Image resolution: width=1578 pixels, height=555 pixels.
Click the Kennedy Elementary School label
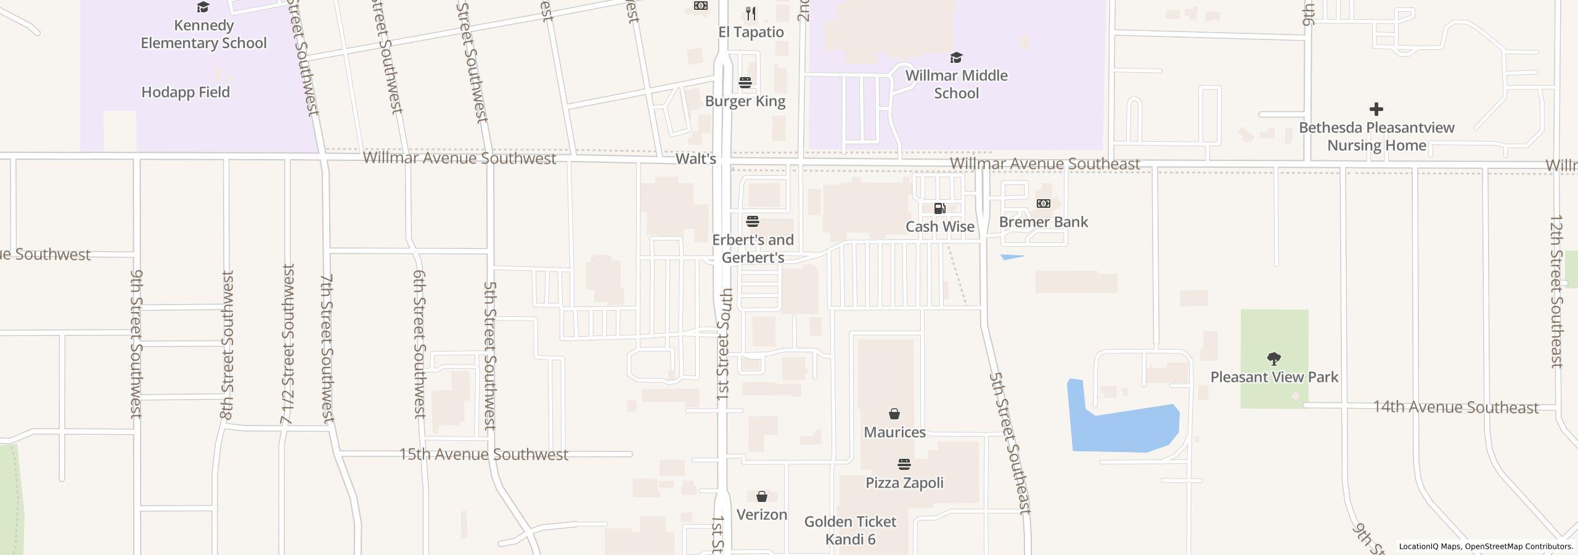(203, 34)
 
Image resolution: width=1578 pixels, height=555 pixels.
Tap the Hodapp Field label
(186, 92)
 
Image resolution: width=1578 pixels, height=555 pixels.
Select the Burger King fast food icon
(745, 83)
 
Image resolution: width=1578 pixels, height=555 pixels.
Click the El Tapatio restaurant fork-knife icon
(751, 13)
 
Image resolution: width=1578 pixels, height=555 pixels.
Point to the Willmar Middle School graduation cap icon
(956, 58)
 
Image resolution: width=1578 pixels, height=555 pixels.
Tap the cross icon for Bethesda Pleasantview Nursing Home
(1376, 110)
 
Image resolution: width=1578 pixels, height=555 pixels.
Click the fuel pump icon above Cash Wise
(939, 208)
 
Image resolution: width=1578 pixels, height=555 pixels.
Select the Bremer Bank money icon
(1043, 203)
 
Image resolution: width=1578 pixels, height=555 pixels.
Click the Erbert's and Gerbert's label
(753, 249)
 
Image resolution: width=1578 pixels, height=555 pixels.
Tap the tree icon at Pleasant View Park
(1273, 358)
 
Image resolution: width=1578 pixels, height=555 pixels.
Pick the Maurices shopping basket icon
(894, 414)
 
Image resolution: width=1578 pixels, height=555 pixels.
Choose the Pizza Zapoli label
(904, 483)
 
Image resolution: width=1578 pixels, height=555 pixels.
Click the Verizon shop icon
(762, 496)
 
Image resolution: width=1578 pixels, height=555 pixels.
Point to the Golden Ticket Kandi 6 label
(850, 530)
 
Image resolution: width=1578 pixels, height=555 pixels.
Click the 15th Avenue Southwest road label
(484, 454)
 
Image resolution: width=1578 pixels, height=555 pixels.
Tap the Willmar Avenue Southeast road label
(1045, 164)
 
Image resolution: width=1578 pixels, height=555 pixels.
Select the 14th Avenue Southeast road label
(1455, 408)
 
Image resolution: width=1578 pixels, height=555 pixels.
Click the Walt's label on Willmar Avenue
(695, 159)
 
